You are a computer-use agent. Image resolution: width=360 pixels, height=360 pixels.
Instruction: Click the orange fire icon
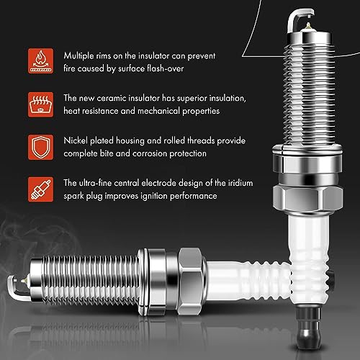pos(40,61)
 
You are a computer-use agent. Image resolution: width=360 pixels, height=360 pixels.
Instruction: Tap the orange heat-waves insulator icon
pos(40,104)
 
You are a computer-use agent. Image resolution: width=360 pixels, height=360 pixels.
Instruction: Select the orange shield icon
pos(40,147)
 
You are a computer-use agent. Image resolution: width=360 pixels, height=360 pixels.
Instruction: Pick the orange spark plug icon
pos(40,189)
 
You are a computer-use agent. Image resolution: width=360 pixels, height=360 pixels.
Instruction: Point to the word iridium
pos(240,183)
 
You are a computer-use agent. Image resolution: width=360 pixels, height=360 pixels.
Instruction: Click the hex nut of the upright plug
pos(307,199)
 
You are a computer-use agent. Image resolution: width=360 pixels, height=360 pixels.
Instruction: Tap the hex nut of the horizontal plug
pos(192,282)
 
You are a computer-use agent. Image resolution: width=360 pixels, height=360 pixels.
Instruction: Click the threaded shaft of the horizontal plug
pos(91,280)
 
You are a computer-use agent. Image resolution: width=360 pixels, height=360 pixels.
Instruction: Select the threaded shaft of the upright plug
pos(309,94)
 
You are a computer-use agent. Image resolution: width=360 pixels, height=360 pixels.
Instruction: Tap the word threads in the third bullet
pos(201,140)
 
